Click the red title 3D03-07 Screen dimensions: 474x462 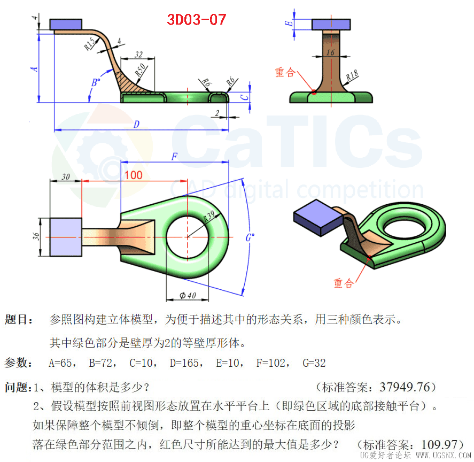coord(197,20)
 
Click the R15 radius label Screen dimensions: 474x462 coord(90,44)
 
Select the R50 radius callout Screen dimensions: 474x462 coord(140,70)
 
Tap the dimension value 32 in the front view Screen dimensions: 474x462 coord(138,55)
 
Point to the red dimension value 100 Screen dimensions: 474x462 coord(133,175)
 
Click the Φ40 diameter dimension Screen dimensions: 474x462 coord(188,295)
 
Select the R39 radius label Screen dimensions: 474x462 coord(208,216)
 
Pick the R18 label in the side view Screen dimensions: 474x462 coord(352,75)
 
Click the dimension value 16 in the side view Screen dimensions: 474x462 coord(330,52)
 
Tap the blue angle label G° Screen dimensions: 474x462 coord(250,237)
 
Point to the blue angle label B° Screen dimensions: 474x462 coord(96,82)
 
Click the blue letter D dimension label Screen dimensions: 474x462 coord(136,124)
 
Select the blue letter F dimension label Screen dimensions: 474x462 coord(174,157)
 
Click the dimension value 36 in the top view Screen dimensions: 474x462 coord(36,236)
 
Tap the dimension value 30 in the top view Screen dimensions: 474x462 coord(66,176)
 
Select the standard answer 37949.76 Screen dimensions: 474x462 coord(405,387)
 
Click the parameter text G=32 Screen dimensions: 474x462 coord(314,363)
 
